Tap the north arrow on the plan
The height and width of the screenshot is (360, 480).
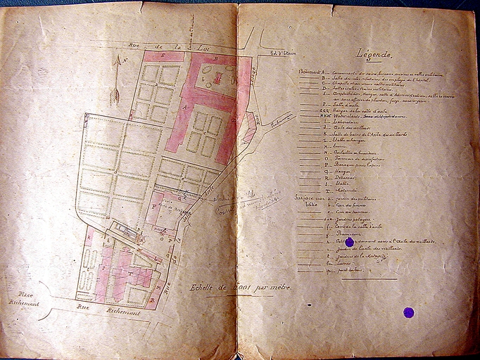point(116,79)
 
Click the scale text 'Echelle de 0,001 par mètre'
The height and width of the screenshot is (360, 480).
point(239,288)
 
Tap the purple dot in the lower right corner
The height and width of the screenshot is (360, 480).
point(408,312)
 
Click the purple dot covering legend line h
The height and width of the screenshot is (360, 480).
point(349,242)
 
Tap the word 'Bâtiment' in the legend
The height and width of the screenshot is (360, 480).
point(308,71)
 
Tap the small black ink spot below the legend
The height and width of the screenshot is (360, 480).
point(309,304)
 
